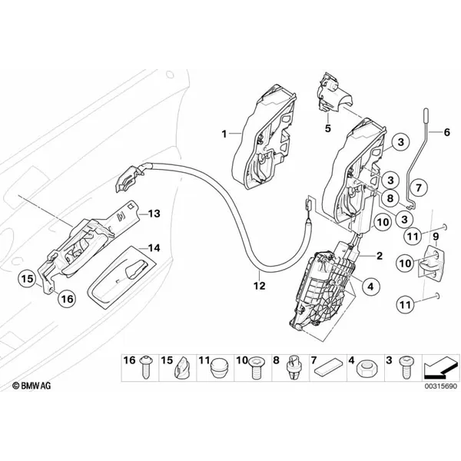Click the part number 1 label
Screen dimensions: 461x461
pos(224,134)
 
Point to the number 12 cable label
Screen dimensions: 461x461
pos(260,286)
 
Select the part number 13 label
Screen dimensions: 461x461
pos(154,214)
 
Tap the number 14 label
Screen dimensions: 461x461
pos(154,248)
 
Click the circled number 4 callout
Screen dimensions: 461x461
pos(371,286)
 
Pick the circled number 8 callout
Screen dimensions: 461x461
pos(390,198)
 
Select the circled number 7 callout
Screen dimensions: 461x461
pos(419,187)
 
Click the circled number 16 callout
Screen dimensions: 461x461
pos(67,299)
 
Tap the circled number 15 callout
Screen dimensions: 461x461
pos(28,278)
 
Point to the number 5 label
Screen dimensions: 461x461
pos(328,128)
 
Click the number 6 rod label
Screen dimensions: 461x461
pos(446,132)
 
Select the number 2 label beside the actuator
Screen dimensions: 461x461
pos(380,256)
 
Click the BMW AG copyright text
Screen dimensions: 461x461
pos(32,386)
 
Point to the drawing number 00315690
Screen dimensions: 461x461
pos(440,386)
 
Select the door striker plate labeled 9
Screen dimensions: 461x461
pos(431,261)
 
